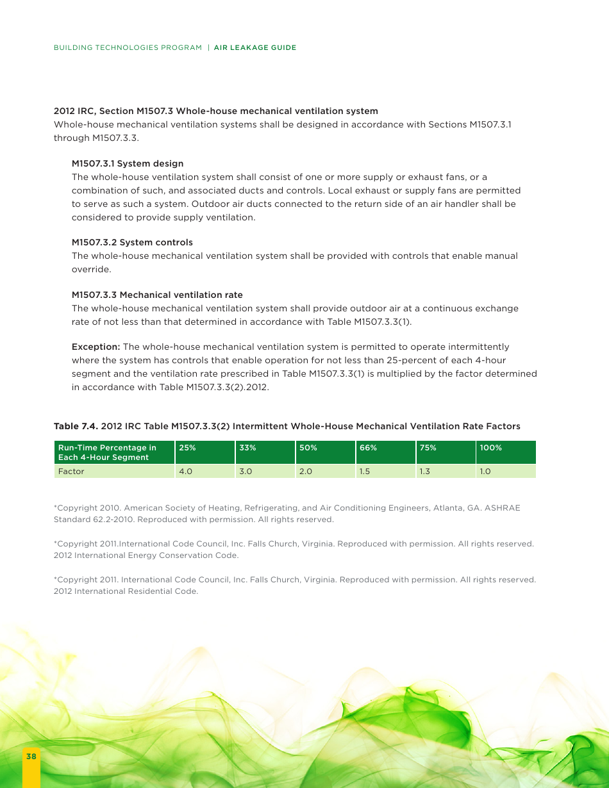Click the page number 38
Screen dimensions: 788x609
[x=31, y=757]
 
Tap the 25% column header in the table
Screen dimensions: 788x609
[x=187, y=448]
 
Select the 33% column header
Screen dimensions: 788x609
[x=247, y=448]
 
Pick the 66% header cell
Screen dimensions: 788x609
[x=368, y=448]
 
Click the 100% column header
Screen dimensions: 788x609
[x=490, y=448]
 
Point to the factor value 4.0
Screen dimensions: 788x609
[x=185, y=472]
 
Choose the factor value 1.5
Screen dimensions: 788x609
[x=365, y=472]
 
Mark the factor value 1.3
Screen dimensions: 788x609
[x=425, y=472]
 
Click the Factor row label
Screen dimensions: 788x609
[x=71, y=472]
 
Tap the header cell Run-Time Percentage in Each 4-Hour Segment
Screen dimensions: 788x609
[x=107, y=452]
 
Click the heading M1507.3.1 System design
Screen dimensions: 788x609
[x=128, y=163]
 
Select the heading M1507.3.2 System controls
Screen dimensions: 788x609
[x=132, y=242]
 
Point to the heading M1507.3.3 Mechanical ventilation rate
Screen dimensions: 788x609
[x=157, y=295]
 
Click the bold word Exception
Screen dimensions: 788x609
[x=96, y=347]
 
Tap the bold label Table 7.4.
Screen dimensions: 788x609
[x=76, y=426]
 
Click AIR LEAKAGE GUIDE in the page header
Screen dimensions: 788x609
[x=255, y=47]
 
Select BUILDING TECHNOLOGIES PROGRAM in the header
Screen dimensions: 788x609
[x=128, y=47]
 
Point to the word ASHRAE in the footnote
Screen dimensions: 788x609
[x=503, y=508]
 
